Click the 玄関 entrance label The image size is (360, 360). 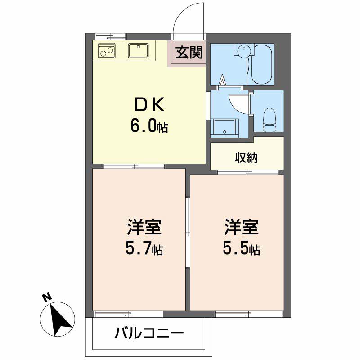click(189, 53)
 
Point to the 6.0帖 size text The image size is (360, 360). click(149, 126)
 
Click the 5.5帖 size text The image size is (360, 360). click(241, 248)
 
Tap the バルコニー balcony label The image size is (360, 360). click(149, 333)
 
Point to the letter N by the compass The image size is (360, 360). click(45, 297)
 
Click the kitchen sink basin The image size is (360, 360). click(138, 51)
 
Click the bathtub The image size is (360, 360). click(263, 63)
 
